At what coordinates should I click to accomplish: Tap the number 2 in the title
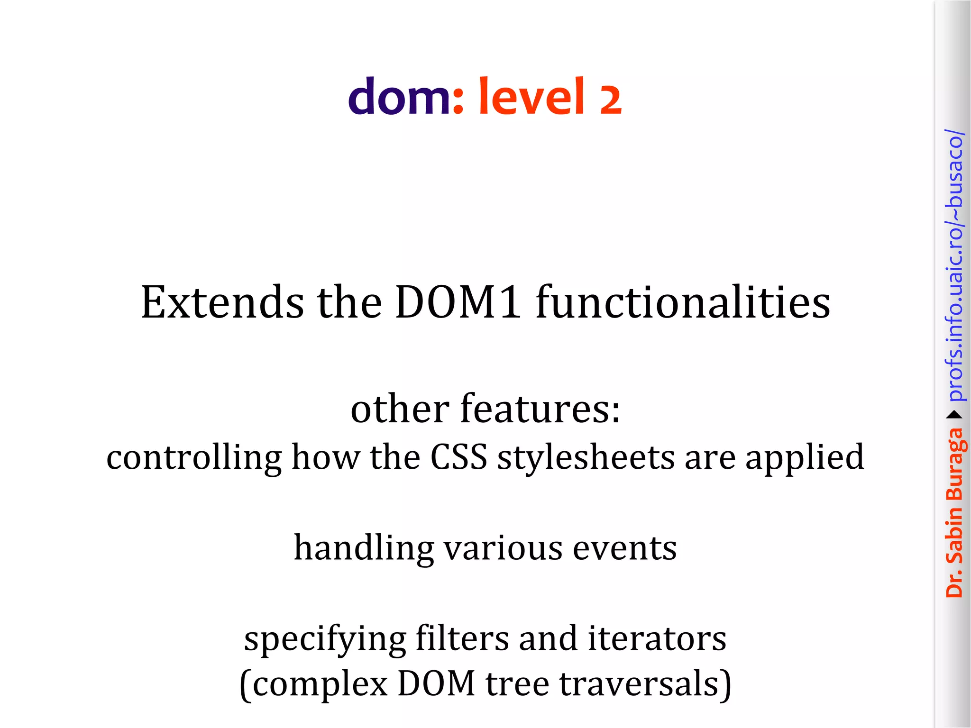[610, 100]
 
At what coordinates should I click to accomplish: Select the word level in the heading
[531, 97]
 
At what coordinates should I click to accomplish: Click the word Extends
[222, 302]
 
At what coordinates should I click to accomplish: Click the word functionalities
[683, 302]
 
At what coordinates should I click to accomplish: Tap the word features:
[540, 409]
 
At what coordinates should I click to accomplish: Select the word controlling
[194, 458]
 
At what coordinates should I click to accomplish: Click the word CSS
[458, 458]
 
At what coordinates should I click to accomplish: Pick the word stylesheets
[586, 458]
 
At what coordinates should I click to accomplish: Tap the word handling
[364, 548]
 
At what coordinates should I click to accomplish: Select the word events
[624, 548]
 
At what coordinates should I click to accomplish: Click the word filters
[462, 638]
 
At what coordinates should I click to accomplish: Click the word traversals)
[645, 684]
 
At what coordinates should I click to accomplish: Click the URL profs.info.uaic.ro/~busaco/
[954, 265]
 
